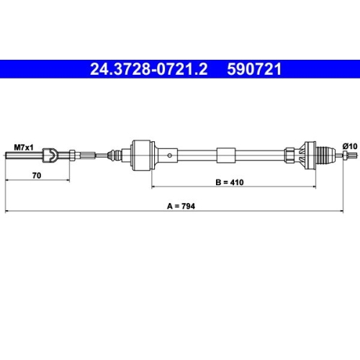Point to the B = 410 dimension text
[230, 181]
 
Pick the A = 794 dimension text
[181, 205]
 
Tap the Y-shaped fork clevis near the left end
[51, 153]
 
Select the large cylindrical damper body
[141, 153]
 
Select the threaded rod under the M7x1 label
[22, 153]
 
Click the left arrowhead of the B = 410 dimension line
[153, 186]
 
